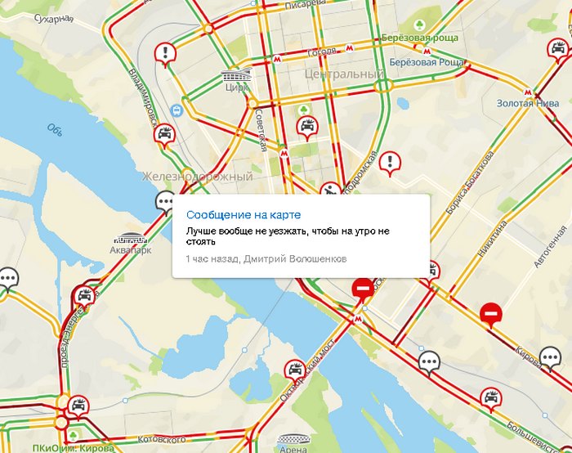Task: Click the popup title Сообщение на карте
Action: point(230,214)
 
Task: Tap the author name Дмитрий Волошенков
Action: point(294,258)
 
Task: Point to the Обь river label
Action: point(56,129)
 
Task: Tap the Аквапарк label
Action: point(130,250)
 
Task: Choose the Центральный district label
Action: point(343,74)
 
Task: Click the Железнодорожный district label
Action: point(197,177)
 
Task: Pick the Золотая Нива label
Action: point(527,103)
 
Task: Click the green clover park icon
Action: point(304,109)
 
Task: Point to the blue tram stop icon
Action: point(177,110)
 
